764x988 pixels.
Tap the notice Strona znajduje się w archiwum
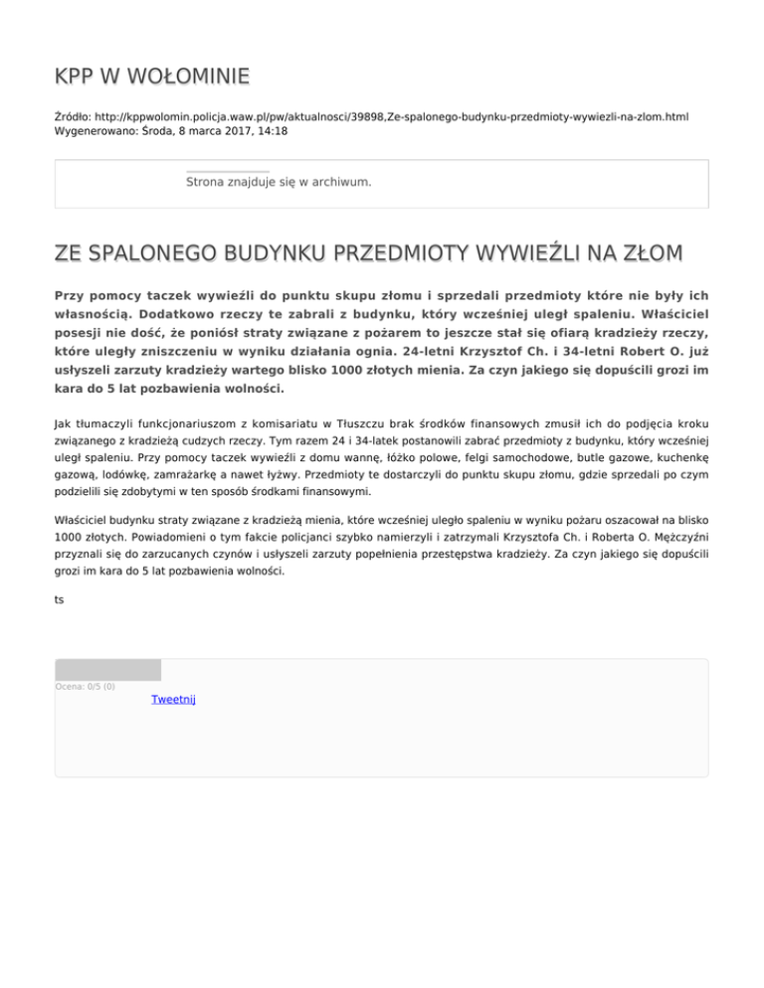[x=279, y=182]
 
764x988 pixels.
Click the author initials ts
[x=60, y=599]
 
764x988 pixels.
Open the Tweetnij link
[x=173, y=700]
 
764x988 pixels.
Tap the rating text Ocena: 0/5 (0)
[x=85, y=686]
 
